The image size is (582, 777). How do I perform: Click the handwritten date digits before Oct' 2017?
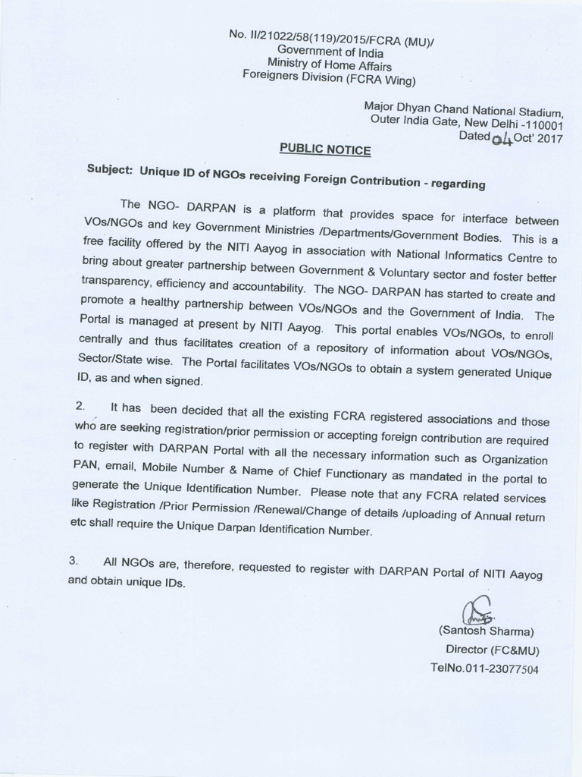point(501,139)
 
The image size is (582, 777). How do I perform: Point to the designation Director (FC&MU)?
point(493,650)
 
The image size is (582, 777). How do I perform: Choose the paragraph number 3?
point(74,562)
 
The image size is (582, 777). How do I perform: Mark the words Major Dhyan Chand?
point(408,109)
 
